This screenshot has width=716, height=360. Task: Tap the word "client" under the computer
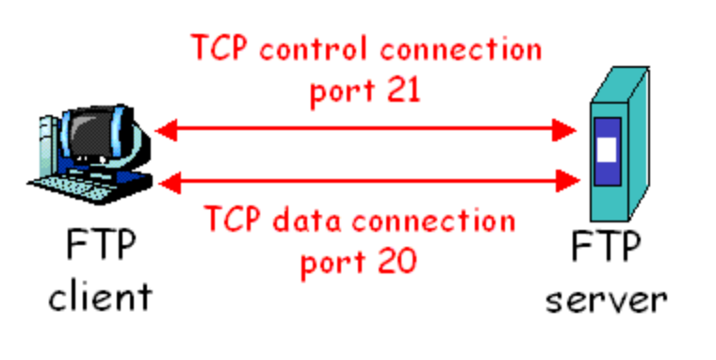point(100,298)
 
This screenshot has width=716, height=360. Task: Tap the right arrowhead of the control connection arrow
point(564,130)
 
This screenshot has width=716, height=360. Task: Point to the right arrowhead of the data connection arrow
point(564,179)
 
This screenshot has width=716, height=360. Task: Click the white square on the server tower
point(606,150)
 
